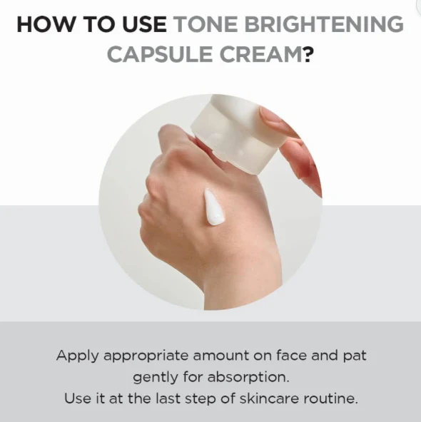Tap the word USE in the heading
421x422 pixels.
click(x=144, y=24)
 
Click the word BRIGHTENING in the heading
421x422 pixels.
click(x=324, y=24)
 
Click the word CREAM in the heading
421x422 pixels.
click(x=260, y=54)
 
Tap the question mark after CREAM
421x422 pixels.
click(x=308, y=54)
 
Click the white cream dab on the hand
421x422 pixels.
click(x=213, y=207)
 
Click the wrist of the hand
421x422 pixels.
click(x=243, y=291)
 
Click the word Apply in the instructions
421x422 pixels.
click(x=77, y=356)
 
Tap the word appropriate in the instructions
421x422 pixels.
click(x=146, y=356)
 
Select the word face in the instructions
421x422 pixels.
click(x=291, y=355)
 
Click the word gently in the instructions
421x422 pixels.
click(x=155, y=378)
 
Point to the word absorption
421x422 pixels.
click(x=248, y=378)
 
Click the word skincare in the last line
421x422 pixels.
click(x=269, y=398)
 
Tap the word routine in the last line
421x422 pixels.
click(x=330, y=398)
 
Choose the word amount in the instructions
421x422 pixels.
click(x=220, y=356)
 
